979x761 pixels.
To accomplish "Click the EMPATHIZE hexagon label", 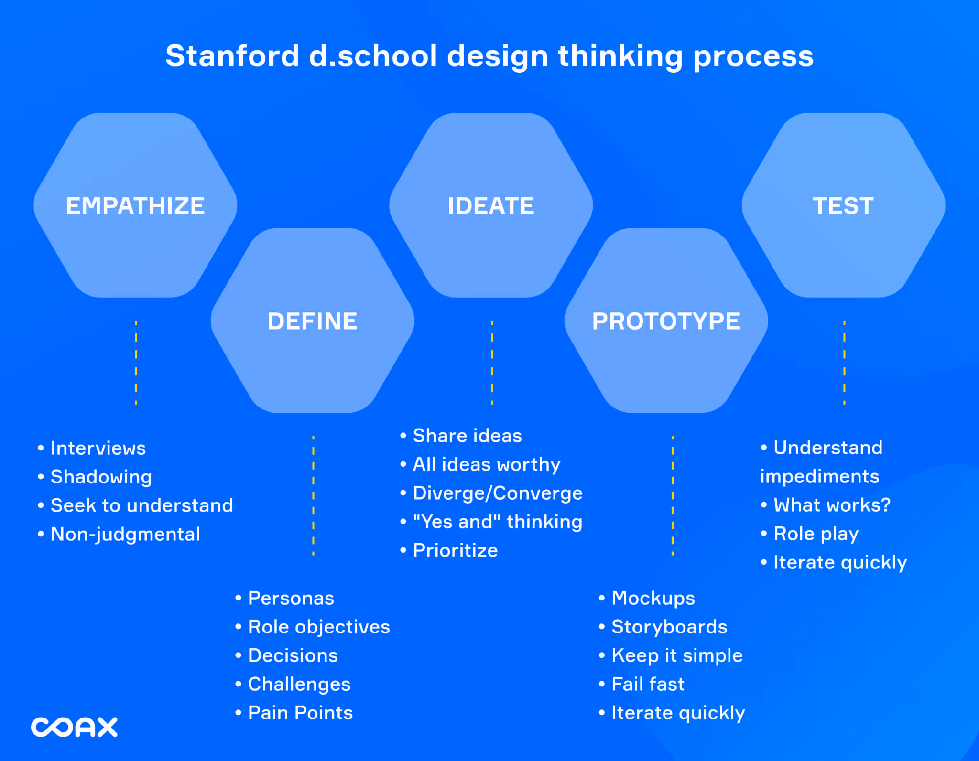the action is click(135, 206).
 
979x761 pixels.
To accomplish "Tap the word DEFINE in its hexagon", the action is click(313, 321).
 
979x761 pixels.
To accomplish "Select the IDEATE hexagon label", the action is click(491, 206).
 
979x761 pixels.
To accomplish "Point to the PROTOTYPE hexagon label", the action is click(666, 321).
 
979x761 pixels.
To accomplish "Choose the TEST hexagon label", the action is click(843, 206).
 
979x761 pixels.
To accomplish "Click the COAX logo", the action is click(74, 727).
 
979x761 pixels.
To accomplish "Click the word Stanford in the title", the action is click(232, 56).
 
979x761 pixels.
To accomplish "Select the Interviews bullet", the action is click(98, 448).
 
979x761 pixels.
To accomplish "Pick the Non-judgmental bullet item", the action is click(125, 534).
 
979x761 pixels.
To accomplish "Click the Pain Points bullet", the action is click(300, 713).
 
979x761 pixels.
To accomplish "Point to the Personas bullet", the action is click(291, 598).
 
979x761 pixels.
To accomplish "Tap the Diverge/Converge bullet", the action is click(497, 493).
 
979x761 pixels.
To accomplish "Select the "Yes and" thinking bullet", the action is click(497, 522).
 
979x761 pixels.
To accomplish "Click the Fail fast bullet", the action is click(648, 684).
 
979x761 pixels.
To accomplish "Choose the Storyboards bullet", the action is click(669, 627).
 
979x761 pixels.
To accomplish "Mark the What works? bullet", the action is click(832, 505).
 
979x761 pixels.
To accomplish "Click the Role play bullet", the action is click(816, 534).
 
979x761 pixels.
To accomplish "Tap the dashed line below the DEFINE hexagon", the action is click(313, 495).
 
